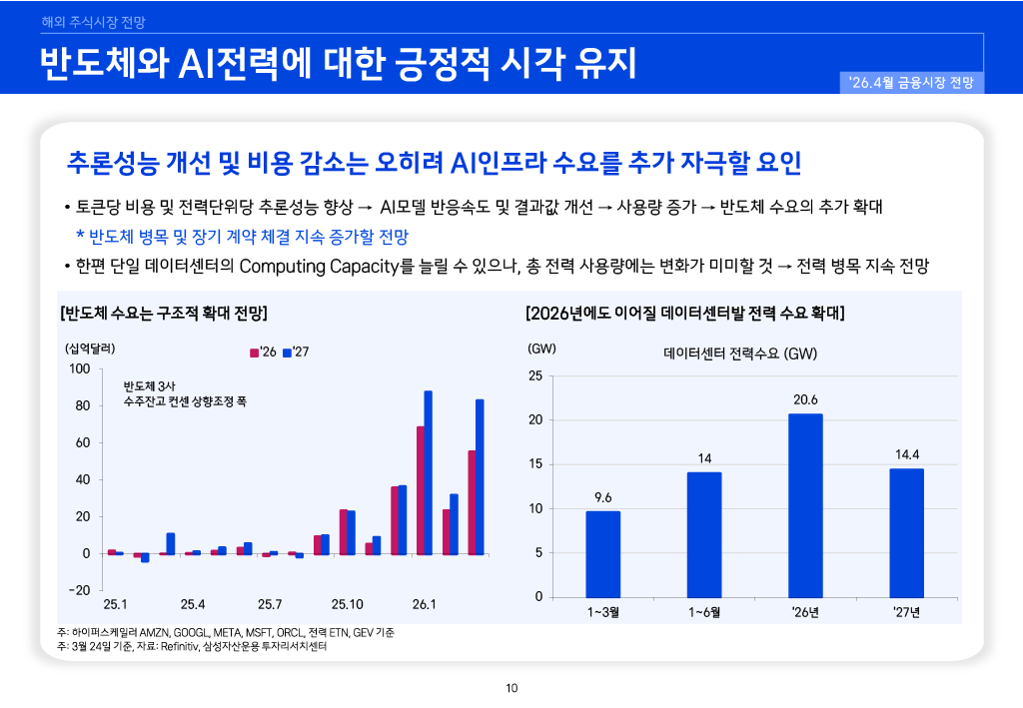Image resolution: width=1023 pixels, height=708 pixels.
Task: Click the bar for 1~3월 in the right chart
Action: click(602, 553)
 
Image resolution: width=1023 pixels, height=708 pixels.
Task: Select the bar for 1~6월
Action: click(704, 534)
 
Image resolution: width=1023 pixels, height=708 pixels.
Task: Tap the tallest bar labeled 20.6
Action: click(805, 504)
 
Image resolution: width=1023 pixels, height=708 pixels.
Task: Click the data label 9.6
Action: click(602, 496)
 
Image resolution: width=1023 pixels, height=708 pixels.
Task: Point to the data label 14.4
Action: click(907, 454)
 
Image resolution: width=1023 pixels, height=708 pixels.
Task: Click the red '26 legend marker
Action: click(254, 353)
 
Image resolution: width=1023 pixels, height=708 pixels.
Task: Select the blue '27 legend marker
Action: click(287, 353)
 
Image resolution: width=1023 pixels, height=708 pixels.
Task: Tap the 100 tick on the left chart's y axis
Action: click(80, 369)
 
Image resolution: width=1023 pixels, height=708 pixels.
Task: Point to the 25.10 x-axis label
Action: click(347, 604)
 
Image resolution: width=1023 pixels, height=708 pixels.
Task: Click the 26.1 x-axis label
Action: click(424, 604)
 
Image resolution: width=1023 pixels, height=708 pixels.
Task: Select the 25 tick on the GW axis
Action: click(534, 376)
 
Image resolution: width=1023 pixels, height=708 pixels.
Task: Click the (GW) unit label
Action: click(540, 349)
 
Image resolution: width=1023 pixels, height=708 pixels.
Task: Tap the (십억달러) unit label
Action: click(91, 349)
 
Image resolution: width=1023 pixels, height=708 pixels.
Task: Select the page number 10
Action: click(511, 687)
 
